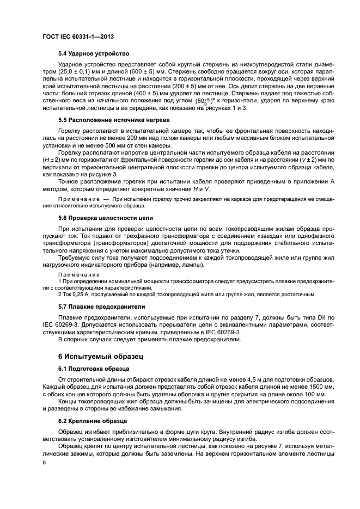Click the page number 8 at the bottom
(45, 461)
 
